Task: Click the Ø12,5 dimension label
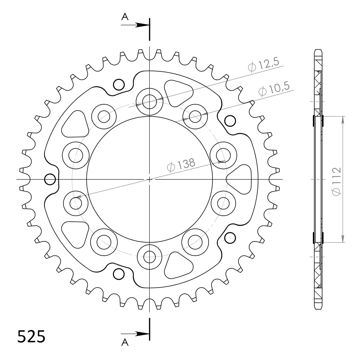pyautogui.click(x=263, y=65)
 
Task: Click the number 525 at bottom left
pyautogui.click(x=31, y=337)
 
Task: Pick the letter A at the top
pyautogui.click(x=125, y=17)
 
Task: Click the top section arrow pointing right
pyautogui.click(x=135, y=25)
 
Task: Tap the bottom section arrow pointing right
pyautogui.click(x=135, y=334)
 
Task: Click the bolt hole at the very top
pyautogui.click(x=149, y=102)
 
